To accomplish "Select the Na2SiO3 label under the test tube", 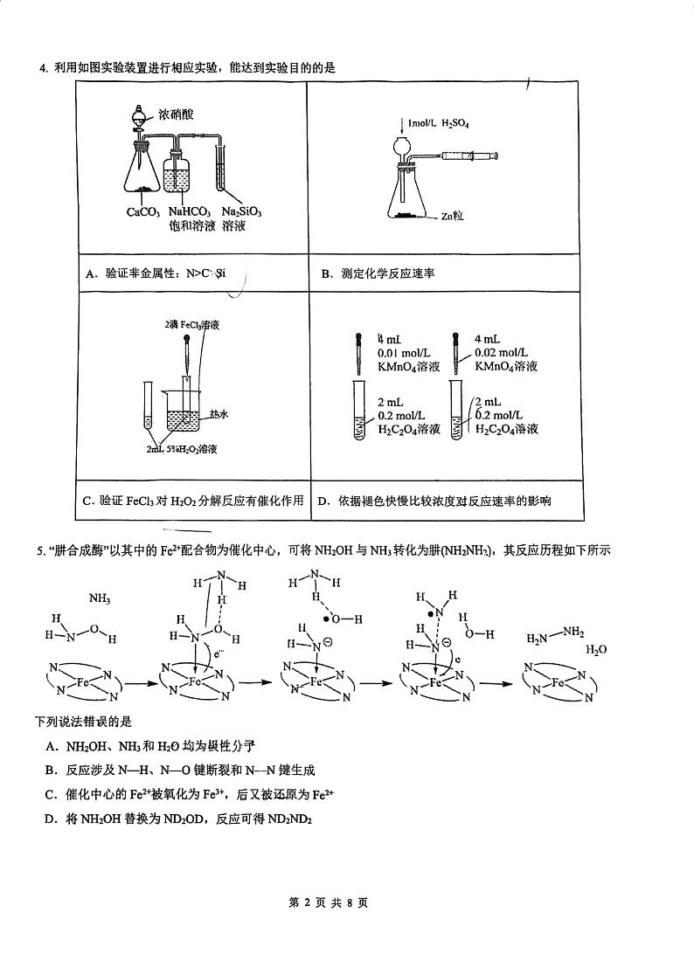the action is pos(242,211).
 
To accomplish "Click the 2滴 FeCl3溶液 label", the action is pos(191,324).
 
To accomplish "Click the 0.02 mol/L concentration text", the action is pos(504,352).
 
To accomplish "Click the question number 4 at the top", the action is pos(41,68).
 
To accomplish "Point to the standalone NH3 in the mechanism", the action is pos(101,599).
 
